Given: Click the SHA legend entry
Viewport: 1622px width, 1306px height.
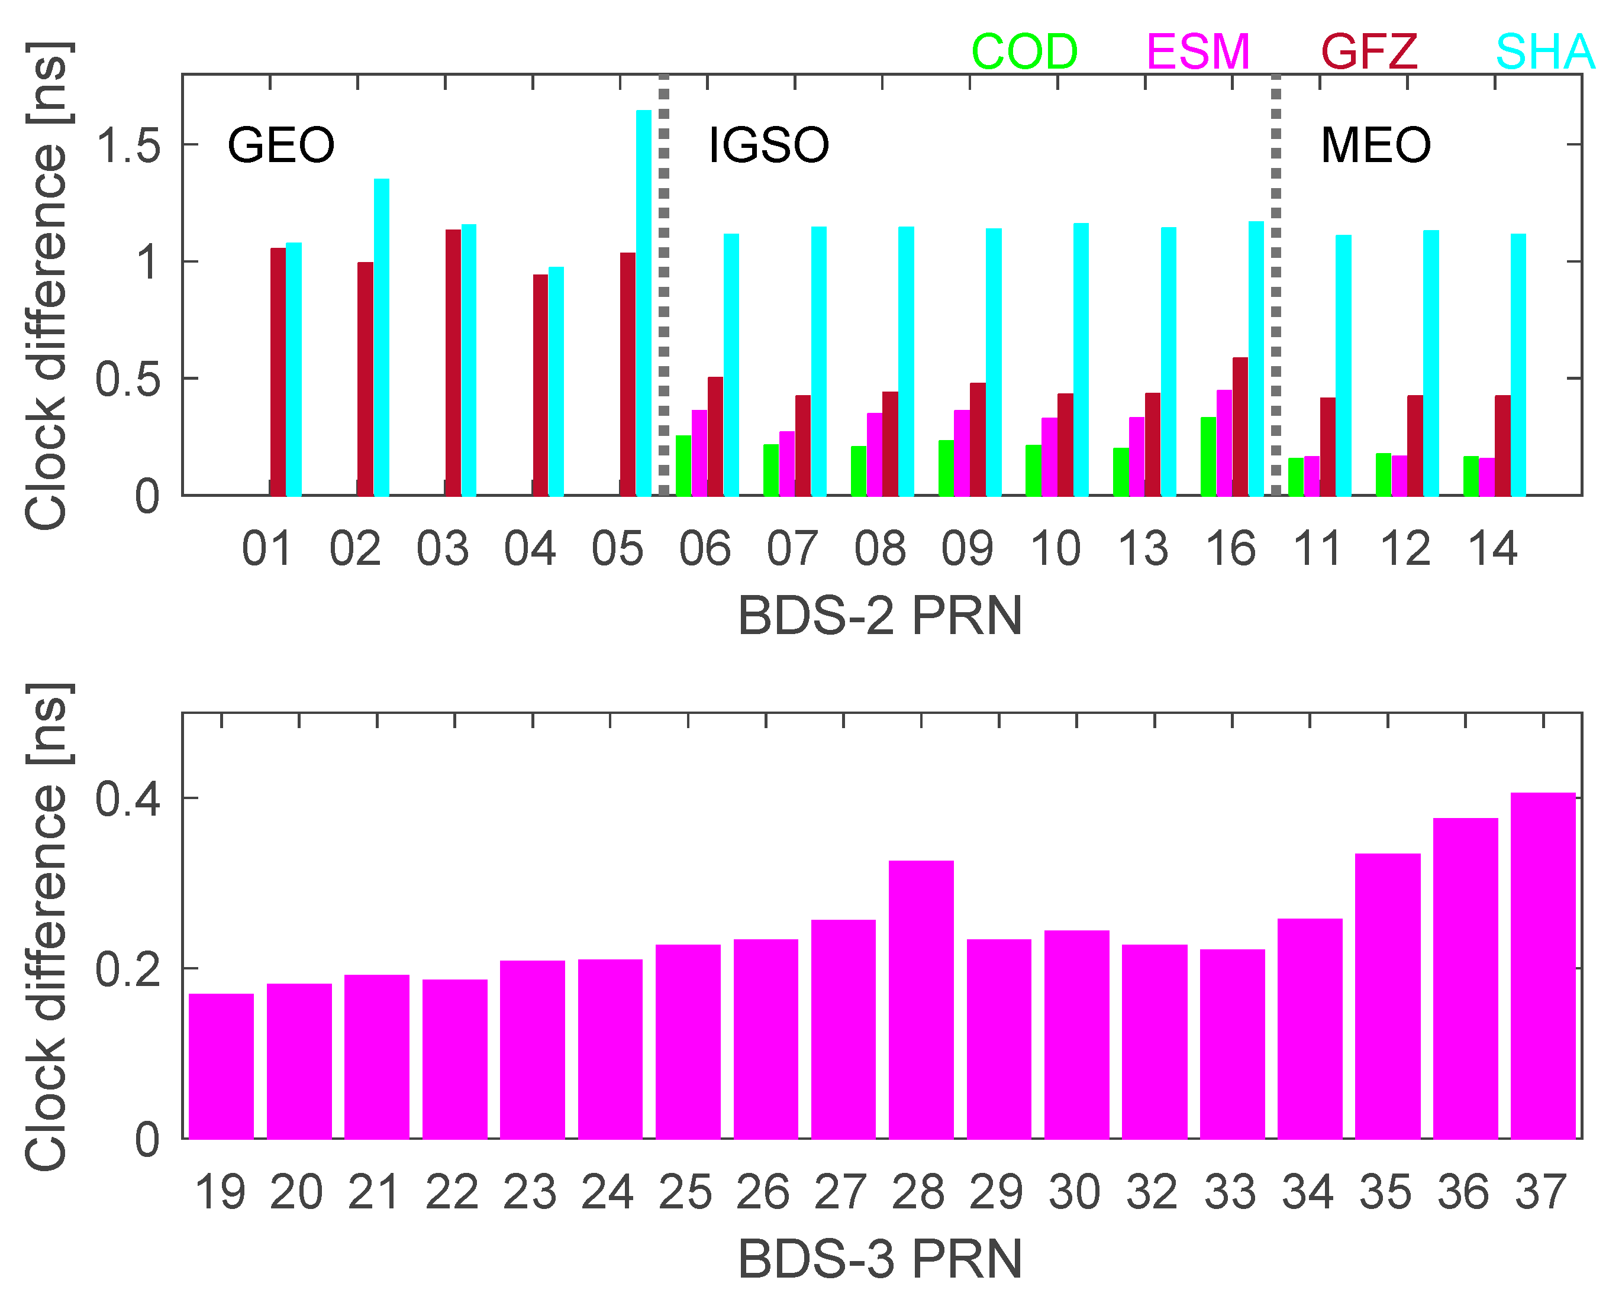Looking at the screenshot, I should pos(1544,52).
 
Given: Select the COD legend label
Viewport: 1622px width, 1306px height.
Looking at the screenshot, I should pos(1024,52).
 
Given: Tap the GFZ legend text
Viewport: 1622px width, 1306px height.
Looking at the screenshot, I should pos(1369,52).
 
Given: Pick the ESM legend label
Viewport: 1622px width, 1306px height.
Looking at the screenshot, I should pos(1198,52).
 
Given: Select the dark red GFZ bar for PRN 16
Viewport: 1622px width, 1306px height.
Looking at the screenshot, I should pos(1240,426).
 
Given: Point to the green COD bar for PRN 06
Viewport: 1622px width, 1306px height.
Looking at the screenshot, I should pos(683,465).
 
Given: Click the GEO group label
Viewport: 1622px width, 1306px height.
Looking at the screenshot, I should pos(280,145).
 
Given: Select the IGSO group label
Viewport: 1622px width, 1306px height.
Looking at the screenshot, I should pos(769,145).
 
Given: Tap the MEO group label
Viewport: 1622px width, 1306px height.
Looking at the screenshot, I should pos(1375,145).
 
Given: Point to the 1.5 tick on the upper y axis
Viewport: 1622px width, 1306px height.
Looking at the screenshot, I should pos(128,145).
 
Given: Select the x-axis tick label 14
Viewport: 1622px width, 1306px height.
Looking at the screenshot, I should pos(1492,549).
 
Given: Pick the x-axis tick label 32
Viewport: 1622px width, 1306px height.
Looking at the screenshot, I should pos(1152,1192).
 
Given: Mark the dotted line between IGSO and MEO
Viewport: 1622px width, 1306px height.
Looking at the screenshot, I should pos(1276,286).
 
